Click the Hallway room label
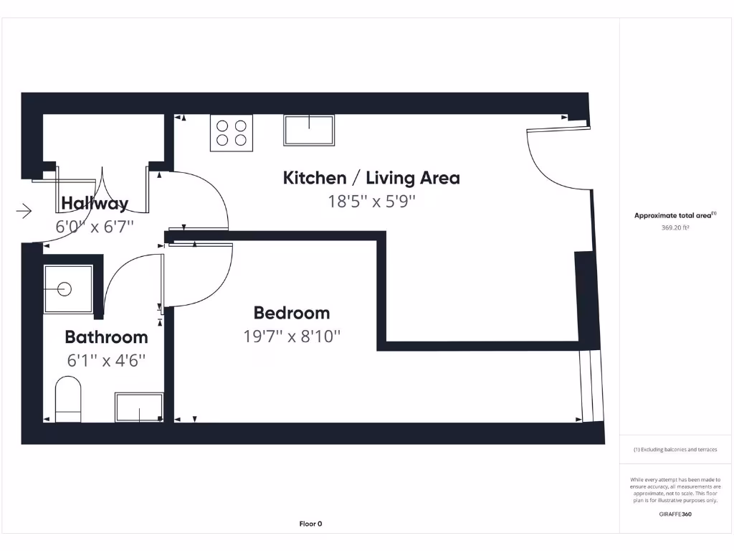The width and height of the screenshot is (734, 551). [95, 204]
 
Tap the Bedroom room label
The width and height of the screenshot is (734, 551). [292, 314]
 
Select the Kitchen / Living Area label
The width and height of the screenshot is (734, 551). [371, 178]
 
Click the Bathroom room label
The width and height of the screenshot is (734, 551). [106, 337]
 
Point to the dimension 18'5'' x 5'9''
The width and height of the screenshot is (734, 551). [371, 202]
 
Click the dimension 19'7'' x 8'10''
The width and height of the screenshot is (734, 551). [292, 336]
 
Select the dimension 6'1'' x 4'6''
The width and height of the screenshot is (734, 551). [106, 360]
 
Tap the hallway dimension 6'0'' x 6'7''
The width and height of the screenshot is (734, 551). [95, 227]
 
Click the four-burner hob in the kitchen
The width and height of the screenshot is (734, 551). [232, 133]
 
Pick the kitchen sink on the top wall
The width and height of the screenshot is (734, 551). [310, 131]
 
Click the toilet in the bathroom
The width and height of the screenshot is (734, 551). [68, 400]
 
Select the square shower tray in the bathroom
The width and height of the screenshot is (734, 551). [68, 290]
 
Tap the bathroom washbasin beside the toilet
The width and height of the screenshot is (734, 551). [139, 408]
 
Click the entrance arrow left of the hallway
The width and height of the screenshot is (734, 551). [24, 211]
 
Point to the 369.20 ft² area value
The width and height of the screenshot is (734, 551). [675, 227]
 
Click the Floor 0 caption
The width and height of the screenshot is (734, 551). [310, 524]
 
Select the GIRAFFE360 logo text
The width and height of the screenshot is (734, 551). [675, 514]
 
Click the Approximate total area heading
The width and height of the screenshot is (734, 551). [675, 215]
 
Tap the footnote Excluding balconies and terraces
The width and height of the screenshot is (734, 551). [675, 450]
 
